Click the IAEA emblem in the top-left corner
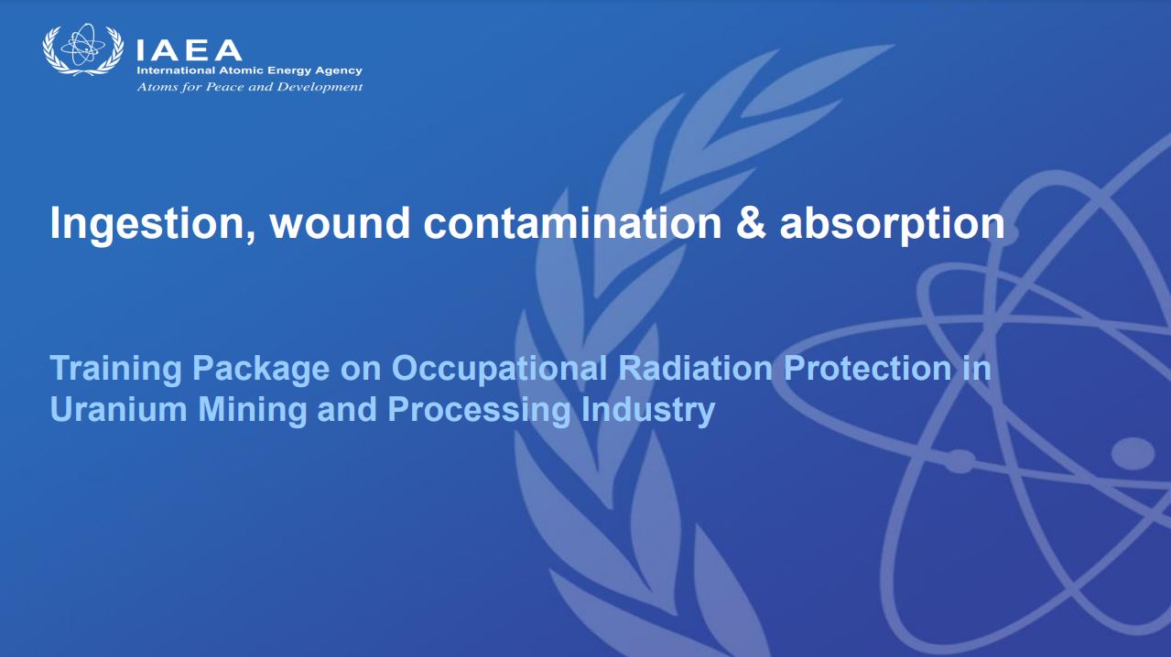tap(83, 49)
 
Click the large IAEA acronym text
tap(189, 50)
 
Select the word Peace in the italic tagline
tap(225, 87)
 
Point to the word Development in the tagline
tap(320, 87)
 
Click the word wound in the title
tap(340, 223)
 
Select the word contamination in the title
tap(572, 223)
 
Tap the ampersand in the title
tap(750, 223)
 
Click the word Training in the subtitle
tap(115, 369)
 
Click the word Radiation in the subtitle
tap(695, 368)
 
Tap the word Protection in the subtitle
tap(867, 368)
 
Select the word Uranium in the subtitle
tap(119, 409)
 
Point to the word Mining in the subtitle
tap(252, 410)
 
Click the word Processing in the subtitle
tap(479, 410)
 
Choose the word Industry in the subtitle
tap(647, 410)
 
